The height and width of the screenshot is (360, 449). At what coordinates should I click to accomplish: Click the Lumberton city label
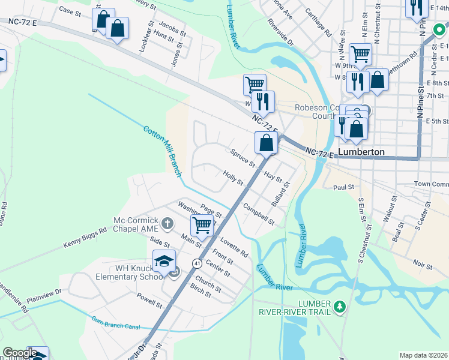[x=361, y=152]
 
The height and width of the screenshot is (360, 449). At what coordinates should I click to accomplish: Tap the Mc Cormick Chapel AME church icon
[x=167, y=224]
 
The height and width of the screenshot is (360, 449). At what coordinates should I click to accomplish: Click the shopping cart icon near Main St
[x=202, y=226]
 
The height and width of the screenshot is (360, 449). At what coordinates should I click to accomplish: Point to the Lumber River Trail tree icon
[x=340, y=307]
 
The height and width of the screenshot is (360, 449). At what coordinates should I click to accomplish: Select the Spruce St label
[x=243, y=158]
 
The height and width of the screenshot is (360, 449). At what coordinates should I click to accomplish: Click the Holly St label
[x=233, y=178]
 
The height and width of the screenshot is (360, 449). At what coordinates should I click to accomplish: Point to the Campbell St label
[x=259, y=214]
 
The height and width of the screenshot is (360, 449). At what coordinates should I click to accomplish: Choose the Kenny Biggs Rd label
[x=85, y=238]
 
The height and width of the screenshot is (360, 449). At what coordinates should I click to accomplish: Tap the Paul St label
[x=344, y=188]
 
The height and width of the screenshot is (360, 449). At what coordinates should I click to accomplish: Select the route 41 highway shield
[x=196, y=263]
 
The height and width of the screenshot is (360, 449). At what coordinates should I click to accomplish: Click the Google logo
[x=20, y=353]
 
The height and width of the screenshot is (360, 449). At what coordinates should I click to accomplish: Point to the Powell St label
[x=149, y=300]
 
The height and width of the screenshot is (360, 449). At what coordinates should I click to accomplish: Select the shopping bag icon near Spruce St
[x=266, y=143]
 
